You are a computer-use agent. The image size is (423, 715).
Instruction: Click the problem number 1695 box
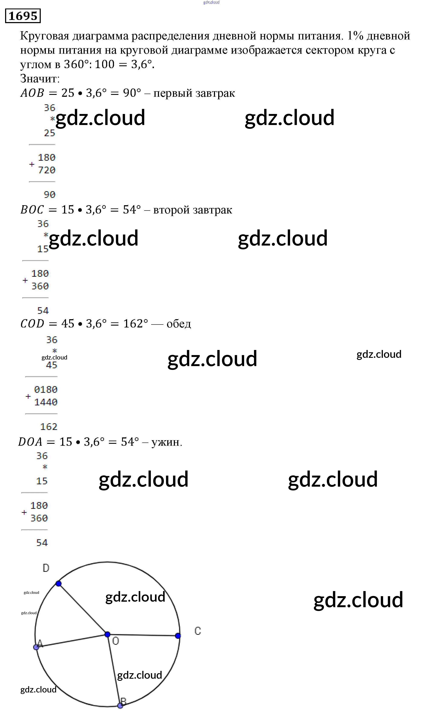point(23,16)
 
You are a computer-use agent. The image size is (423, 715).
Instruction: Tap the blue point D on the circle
point(58,584)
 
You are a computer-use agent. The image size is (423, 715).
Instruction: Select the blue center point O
point(107,634)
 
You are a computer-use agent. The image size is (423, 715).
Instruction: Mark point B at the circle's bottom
point(120,705)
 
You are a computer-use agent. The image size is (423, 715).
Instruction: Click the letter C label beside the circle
point(198,631)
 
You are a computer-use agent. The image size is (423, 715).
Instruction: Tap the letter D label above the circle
point(46,568)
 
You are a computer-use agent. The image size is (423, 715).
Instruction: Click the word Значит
point(40,78)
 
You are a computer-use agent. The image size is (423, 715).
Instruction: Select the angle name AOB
point(32,93)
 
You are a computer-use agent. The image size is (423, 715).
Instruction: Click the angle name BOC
point(32,210)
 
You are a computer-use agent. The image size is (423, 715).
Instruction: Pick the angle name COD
point(32,324)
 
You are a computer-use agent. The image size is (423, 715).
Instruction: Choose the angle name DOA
point(30,442)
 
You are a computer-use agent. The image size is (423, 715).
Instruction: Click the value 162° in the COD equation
point(135,324)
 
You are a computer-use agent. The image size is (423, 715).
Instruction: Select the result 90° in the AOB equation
point(132,93)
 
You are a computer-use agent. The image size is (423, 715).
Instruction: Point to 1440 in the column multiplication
point(46,402)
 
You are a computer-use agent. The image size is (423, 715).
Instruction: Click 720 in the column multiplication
point(46,170)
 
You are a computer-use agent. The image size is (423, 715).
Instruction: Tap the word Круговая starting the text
point(45,36)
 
